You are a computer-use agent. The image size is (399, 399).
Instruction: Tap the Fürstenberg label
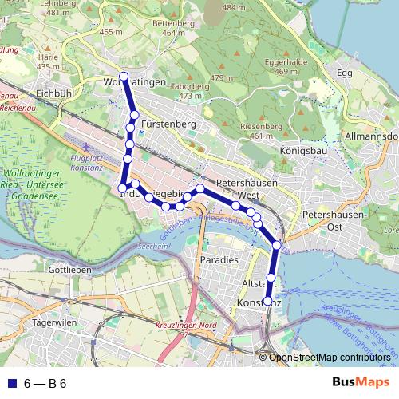point(168,124)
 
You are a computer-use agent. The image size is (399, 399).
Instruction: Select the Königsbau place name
point(304,150)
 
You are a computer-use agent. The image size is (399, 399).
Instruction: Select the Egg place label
point(344,73)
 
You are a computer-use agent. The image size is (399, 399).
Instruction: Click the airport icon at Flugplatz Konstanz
point(85,148)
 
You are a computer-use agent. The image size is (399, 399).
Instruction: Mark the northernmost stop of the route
point(123,77)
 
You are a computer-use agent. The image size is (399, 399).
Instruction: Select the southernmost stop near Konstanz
point(268,301)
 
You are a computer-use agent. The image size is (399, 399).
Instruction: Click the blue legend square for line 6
point(11,383)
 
